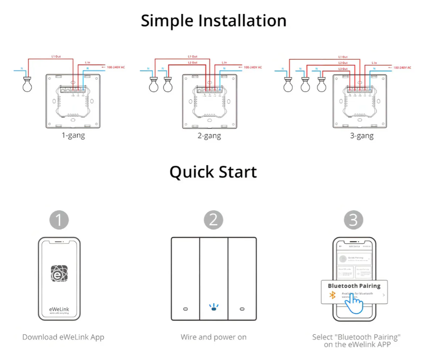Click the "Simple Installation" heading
coord(214,21)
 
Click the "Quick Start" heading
coord(214,172)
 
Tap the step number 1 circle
coord(59,220)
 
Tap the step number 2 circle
coord(214,220)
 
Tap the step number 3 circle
coord(353,220)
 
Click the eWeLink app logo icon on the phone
coord(59,274)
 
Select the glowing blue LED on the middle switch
coord(214,309)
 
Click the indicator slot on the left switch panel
coord(185,310)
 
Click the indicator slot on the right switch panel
coord(242,310)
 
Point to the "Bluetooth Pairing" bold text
coord(354,286)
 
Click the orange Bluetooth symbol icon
coord(332,295)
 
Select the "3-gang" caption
coord(361,136)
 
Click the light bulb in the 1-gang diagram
coord(27,84)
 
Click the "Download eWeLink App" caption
coord(63,337)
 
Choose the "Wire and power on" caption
coord(214,337)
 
